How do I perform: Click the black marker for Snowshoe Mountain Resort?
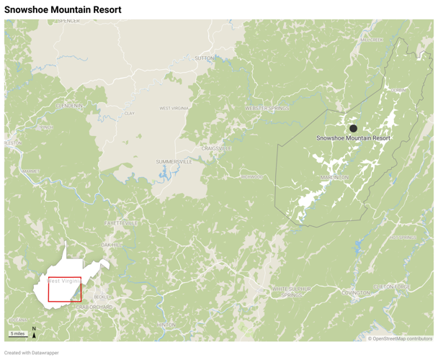pos(353,129)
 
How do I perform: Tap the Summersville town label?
pos(174,162)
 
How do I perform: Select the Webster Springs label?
pos(267,108)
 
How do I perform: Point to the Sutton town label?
pos(205,58)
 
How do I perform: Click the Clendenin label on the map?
pos(69,106)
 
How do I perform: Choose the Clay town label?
pos(130,113)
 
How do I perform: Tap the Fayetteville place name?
pos(122,223)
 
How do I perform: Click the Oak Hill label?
pos(112,245)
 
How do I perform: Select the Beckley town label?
pos(102,297)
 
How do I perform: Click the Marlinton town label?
pos(334,177)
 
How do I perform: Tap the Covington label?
pos(356,293)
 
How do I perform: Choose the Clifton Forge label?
pos(393,286)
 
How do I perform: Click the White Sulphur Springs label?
pos(292,291)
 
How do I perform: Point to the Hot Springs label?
pos(403,237)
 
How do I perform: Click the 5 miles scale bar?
pos(18,334)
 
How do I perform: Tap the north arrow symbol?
pos(34,332)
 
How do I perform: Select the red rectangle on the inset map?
pos(65,289)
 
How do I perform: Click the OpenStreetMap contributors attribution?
pos(401,338)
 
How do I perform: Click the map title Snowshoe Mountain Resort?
pos(63,10)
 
